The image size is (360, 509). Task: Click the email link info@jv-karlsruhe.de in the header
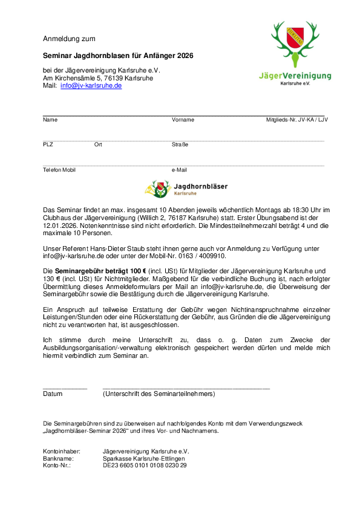91,86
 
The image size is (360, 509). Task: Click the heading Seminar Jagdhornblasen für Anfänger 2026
118,56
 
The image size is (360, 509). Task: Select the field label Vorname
183,120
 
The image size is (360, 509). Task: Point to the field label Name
50,120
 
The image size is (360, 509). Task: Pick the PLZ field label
48,144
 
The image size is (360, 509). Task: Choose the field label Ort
98,144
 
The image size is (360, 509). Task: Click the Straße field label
180,144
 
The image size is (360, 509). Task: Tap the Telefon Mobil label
59,170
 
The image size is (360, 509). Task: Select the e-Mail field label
179,170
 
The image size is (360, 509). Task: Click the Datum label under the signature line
53,394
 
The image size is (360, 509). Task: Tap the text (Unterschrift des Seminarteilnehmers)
159,394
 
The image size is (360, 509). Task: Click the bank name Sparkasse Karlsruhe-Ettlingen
144,458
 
